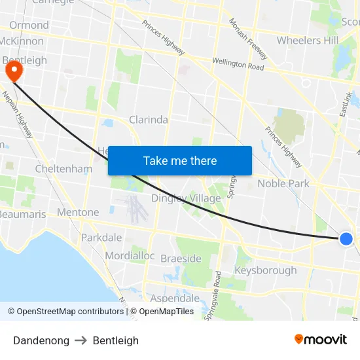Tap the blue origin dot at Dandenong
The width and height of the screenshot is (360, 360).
click(x=346, y=239)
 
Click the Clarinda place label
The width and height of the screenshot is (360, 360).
click(x=149, y=120)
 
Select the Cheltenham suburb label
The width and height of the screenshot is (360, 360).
click(x=63, y=169)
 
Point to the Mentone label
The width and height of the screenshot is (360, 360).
click(x=78, y=212)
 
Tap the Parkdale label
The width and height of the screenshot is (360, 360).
click(x=101, y=237)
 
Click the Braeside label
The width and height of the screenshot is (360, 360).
click(x=181, y=259)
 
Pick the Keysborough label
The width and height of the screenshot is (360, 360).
click(x=265, y=270)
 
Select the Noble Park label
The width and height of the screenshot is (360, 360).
click(x=283, y=183)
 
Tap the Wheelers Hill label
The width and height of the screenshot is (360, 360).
click(x=308, y=41)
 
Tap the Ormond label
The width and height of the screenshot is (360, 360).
click(x=29, y=25)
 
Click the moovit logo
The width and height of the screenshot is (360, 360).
click(x=321, y=340)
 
